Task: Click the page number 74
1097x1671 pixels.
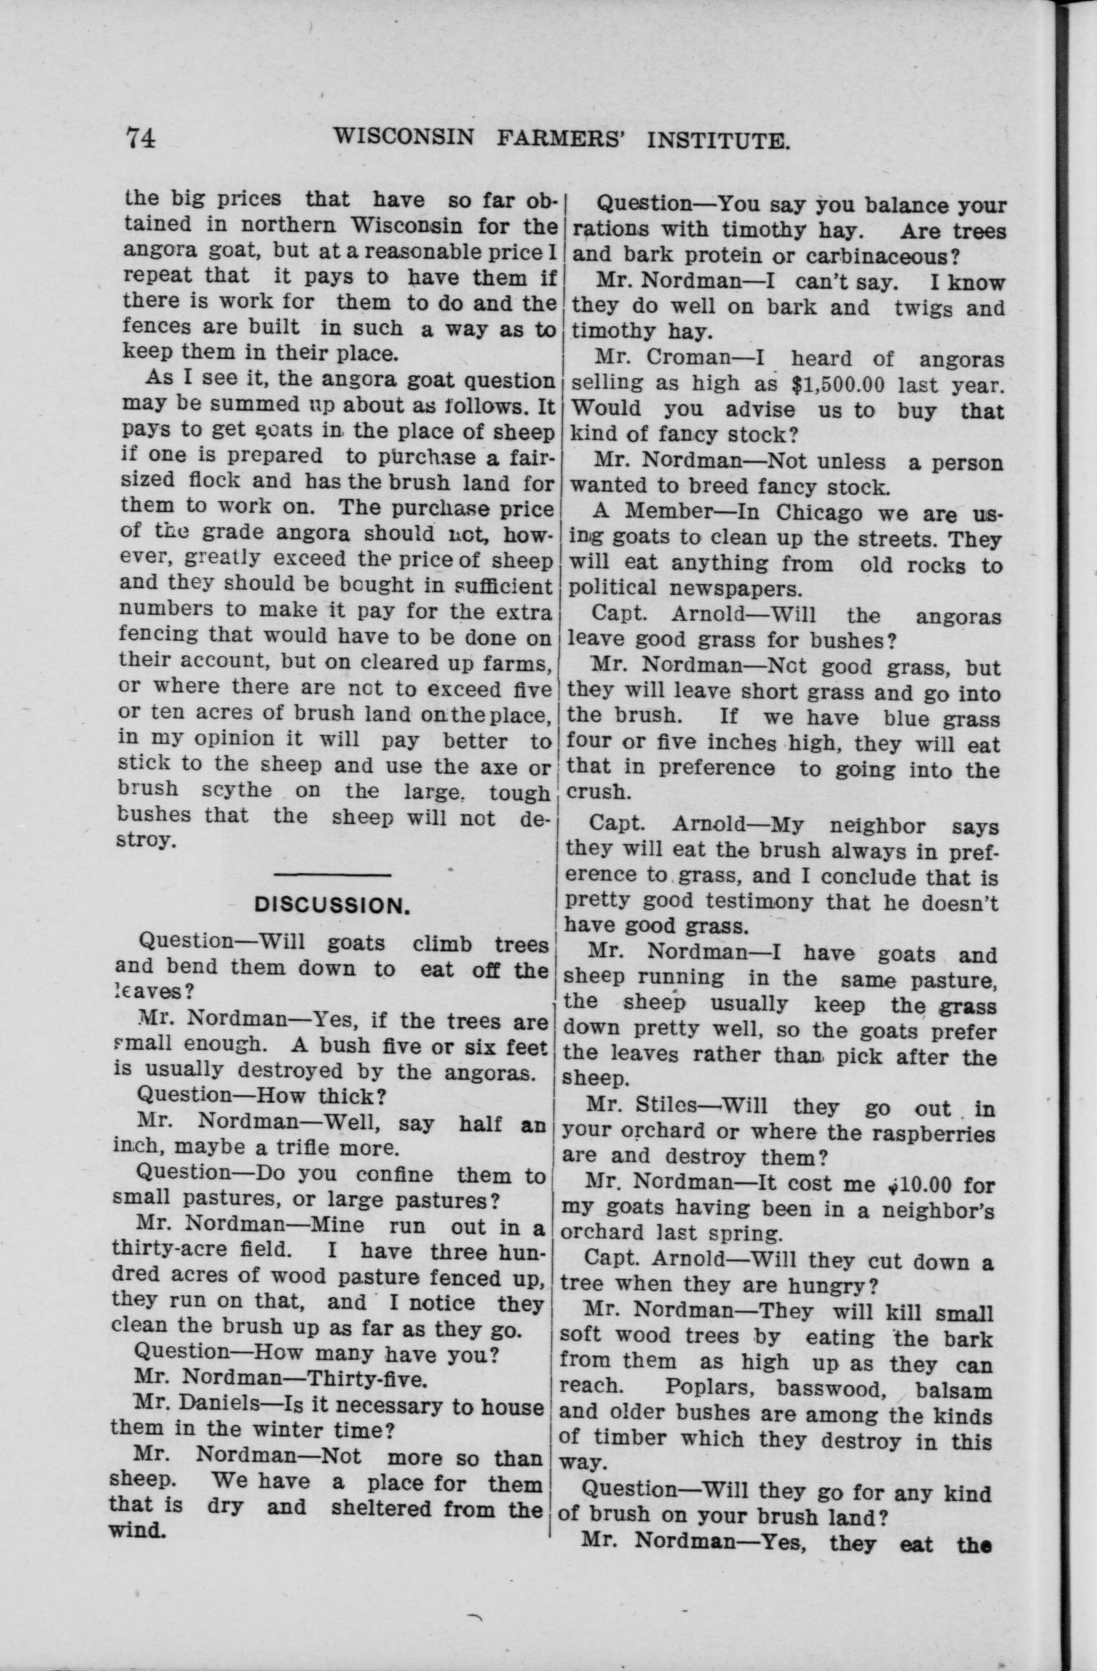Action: [x=141, y=137]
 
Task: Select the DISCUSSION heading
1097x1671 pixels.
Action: [x=332, y=906]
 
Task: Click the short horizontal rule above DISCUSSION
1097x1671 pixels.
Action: [x=332, y=875]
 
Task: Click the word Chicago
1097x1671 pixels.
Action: [x=818, y=513]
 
